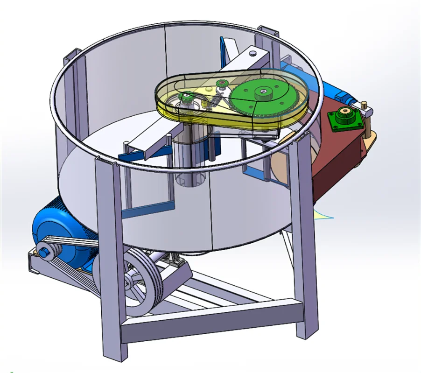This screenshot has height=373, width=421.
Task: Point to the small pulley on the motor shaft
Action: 47,251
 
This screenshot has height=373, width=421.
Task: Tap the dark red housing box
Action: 336,154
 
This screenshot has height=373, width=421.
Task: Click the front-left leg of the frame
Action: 112,252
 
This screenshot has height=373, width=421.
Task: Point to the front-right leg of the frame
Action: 299,243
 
